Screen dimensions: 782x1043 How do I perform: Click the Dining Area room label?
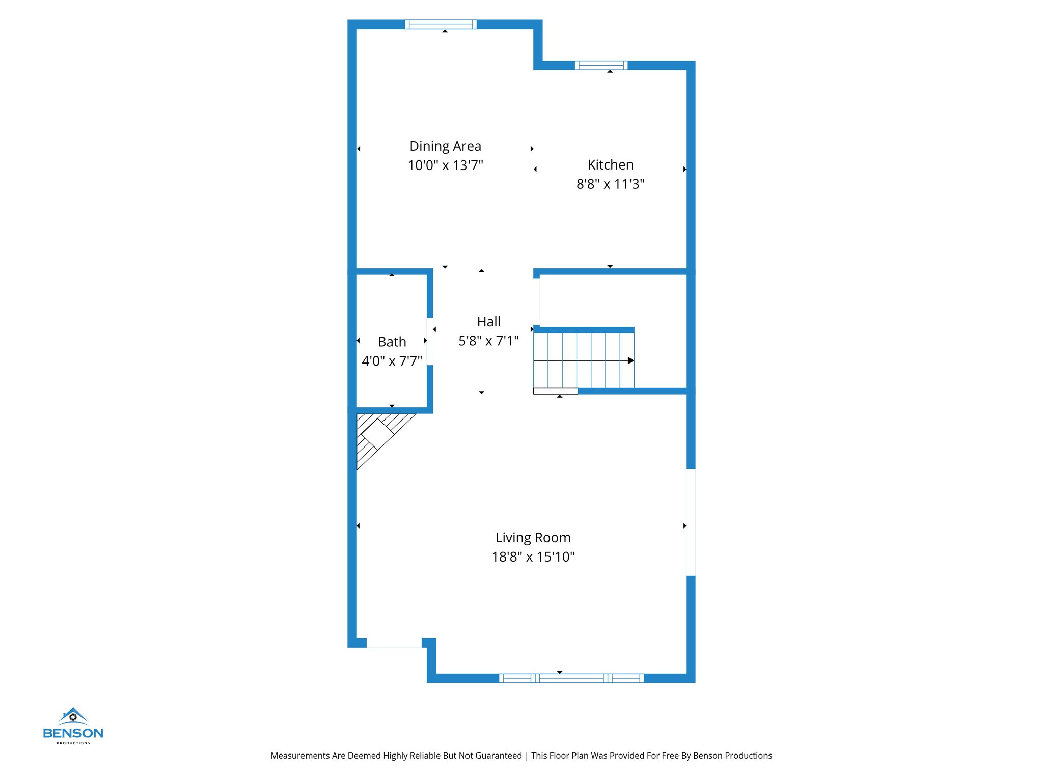tap(445, 146)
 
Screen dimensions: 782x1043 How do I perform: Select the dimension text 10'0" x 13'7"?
tap(445, 165)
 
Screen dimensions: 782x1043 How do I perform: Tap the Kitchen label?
tap(610, 165)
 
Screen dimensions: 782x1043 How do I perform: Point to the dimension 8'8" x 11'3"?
tap(610, 184)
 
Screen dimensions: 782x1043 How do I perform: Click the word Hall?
tap(488, 322)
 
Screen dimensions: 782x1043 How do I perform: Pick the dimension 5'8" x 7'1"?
tap(488, 341)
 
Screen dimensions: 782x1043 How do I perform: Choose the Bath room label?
tap(392, 342)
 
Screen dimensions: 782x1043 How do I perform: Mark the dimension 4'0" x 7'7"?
tap(392, 361)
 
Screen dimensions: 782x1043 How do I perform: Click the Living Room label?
tap(533, 538)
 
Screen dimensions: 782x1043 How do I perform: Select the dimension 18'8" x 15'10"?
tap(533, 557)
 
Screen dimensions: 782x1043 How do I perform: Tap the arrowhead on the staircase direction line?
tap(630, 360)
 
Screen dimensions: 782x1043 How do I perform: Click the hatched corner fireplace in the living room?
tap(378, 434)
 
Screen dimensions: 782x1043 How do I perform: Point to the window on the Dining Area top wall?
tap(441, 24)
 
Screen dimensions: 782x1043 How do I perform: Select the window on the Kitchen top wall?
tap(601, 65)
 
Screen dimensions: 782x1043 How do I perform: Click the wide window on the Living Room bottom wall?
tap(571, 678)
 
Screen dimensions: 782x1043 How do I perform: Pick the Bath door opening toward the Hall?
tap(430, 341)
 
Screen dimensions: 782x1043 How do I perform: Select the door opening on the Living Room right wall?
tap(691, 522)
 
